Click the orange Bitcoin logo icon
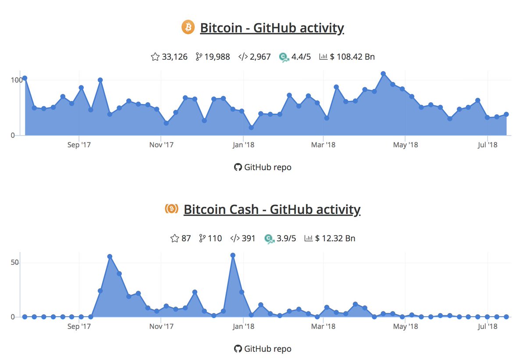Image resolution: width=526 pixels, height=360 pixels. tap(188, 27)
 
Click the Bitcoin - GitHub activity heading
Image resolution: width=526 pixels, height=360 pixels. tap(272, 28)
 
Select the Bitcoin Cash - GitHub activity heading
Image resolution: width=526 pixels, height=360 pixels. tap(272, 210)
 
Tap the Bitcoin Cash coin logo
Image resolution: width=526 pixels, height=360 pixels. tap(171, 209)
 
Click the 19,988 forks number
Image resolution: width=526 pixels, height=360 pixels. tap(217, 57)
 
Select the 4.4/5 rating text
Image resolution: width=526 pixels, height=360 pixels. tap(301, 57)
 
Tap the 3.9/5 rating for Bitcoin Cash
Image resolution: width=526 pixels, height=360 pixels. tap(286, 239)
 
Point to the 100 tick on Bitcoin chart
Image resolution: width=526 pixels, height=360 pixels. tap(16, 80)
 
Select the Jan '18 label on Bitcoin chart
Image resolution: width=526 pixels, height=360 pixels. tap(243, 145)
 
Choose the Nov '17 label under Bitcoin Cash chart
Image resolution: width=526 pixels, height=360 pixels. tap(162, 326)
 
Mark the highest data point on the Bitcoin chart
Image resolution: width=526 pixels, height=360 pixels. tap(383, 74)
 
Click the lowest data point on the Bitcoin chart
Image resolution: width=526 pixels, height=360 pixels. tap(251, 128)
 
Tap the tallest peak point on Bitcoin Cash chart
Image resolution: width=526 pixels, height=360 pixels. tap(233, 255)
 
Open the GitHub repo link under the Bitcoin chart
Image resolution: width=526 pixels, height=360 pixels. tap(263, 167)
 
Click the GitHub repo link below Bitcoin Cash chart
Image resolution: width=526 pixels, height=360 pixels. tap(263, 349)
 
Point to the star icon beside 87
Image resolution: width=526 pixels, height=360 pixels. tap(174, 239)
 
